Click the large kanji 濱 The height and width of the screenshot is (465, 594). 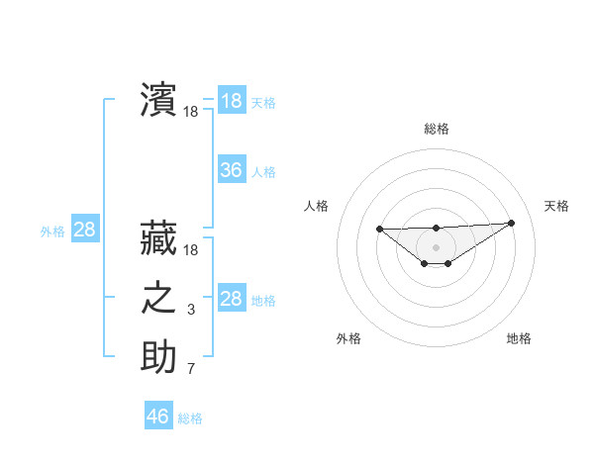click(x=158, y=99)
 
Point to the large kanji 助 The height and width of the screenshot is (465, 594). click(x=158, y=357)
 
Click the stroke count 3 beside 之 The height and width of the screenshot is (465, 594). click(x=191, y=311)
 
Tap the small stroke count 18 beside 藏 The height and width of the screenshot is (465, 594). click(x=191, y=251)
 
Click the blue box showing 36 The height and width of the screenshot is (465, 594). click(x=232, y=170)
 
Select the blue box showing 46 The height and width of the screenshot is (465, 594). click(x=158, y=417)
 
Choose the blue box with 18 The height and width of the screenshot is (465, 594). click(x=232, y=101)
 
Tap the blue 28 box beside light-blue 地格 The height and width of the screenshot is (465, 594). click(x=232, y=299)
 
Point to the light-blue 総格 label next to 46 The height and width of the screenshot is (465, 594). click(x=190, y=418)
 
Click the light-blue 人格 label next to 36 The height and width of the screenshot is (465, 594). click(x=263, y=172)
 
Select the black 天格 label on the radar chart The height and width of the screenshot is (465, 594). click(x=556, y=206)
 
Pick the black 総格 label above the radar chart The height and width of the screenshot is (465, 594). click(x=436, y=129)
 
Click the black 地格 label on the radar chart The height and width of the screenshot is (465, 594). click(x=519, y=338)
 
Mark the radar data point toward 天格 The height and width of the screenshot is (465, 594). click(x=511, y=223)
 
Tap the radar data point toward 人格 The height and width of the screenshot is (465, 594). click(x=380, y=229)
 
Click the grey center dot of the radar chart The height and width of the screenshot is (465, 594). click(x=436, y=246)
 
